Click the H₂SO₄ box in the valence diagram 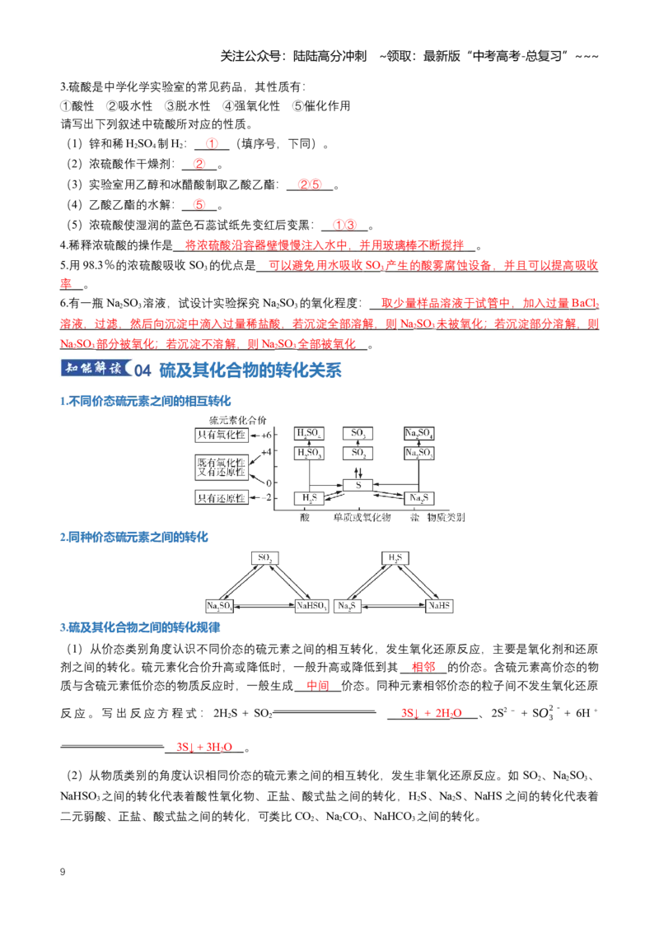(x=309, y=433)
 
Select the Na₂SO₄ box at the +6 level (x=418, y=433)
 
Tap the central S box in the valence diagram (x=358, y=485)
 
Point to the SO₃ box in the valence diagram (x=358, y=433)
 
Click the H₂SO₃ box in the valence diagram (x=309, y=453)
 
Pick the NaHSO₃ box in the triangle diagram (x=311, y=606)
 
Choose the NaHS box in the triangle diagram (x=439, y=606)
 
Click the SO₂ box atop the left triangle (x=264, y=558)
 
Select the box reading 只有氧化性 (x=222, y=435)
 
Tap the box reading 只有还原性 (x=222, y=498)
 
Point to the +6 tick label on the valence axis (x=266, y=435)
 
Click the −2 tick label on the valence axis (x=266, y=497)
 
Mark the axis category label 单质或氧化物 (x=362, y=517)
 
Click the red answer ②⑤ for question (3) (x=310, y=185)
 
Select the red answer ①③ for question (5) (x=345, y=226)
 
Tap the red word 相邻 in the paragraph (x=423, y=668)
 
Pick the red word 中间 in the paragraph (x=318, y=686)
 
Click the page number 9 (x=63, y=872)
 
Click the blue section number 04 (x=143, y=370)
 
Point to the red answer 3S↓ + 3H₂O (x=204, y=747)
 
